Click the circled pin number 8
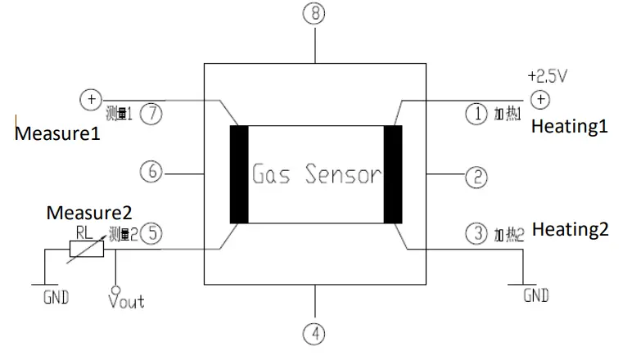(315, 13)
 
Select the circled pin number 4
(315, 333)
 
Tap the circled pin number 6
(151, 173)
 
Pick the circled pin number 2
(476, 176)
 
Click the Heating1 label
(570, 127)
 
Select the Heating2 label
(570, 229)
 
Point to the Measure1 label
(57, 133)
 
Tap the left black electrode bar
(239, 174)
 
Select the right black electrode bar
(393, 174)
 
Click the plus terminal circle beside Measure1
(89, 99)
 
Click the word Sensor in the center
(343, 174)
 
